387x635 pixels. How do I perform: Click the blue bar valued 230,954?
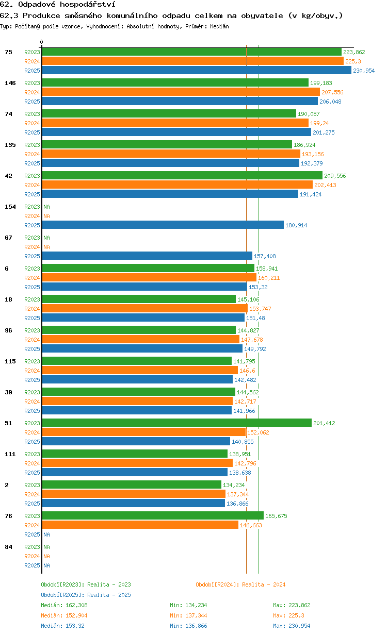click(x=197, y=70)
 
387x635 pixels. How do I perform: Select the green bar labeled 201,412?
click(x=177, y=423)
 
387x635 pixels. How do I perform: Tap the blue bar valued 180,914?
click(x=163, y=225)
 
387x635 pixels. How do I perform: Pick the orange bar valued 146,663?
click(x=140, y=525)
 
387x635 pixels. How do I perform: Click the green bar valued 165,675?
click(x=153, y=515)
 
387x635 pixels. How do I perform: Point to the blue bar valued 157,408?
click(x=147, y=256)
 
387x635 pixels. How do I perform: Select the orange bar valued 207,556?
click(x=181, y=92)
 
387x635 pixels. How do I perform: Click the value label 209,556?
click(x=335, y=176)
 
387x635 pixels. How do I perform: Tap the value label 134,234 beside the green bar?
click(x=234, y=485)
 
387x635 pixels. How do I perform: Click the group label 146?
click(x=10, y=83)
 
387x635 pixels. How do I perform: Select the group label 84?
click(x=8, y=547)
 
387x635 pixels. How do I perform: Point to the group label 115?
click(x=10, y=361)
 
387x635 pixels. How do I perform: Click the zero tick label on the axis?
click(x=41, y=42)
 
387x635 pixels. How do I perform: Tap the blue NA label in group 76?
click(x=46, y=534)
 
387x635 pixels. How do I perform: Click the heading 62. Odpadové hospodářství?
click(x=58, y=4)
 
